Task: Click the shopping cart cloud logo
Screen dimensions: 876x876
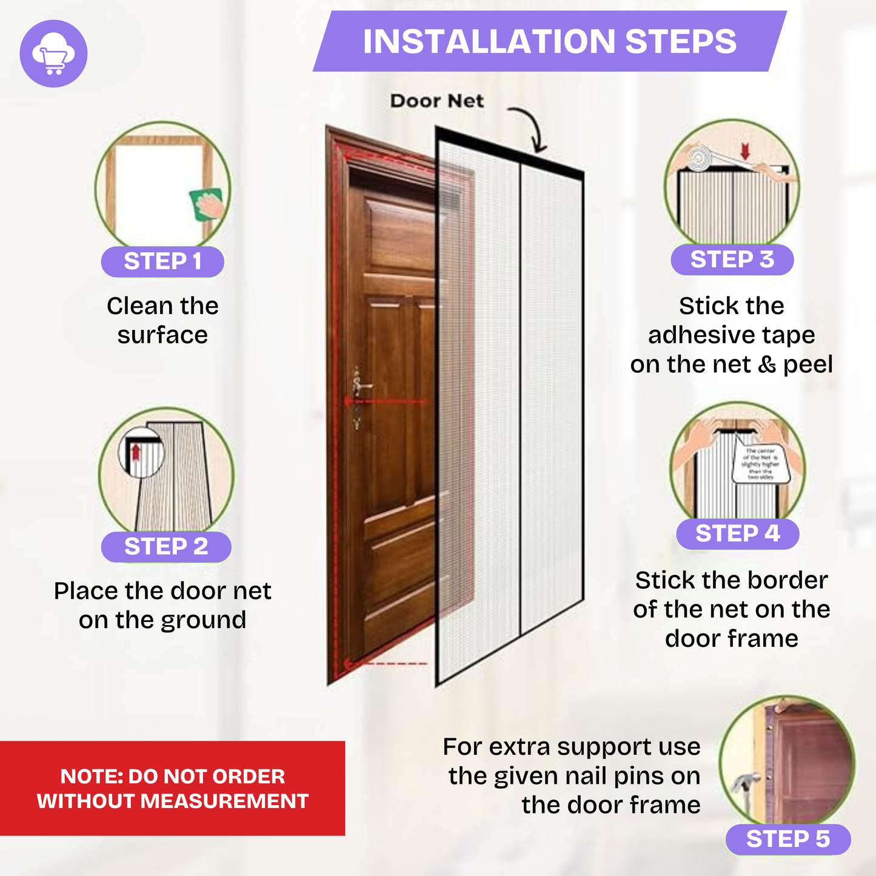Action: [53, 53]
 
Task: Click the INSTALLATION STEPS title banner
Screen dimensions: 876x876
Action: [549, 41]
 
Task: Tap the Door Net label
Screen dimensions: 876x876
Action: [436, 101]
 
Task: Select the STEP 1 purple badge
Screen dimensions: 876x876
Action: [162, 261]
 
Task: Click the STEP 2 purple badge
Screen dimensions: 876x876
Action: [166, 546]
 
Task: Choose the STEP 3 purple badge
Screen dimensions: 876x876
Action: [732, 259]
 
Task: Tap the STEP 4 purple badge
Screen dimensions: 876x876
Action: [737, 533]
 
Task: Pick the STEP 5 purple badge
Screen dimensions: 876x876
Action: [787, 839]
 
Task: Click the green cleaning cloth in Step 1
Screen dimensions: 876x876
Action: [207, 204]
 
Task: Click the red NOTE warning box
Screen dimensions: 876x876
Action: [172, 788]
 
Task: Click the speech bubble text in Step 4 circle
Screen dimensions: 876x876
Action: [760, 464]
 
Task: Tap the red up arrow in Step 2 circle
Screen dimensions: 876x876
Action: [136, 452]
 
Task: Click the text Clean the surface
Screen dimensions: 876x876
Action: [162, 320]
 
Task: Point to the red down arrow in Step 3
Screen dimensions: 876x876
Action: [745, 151]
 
